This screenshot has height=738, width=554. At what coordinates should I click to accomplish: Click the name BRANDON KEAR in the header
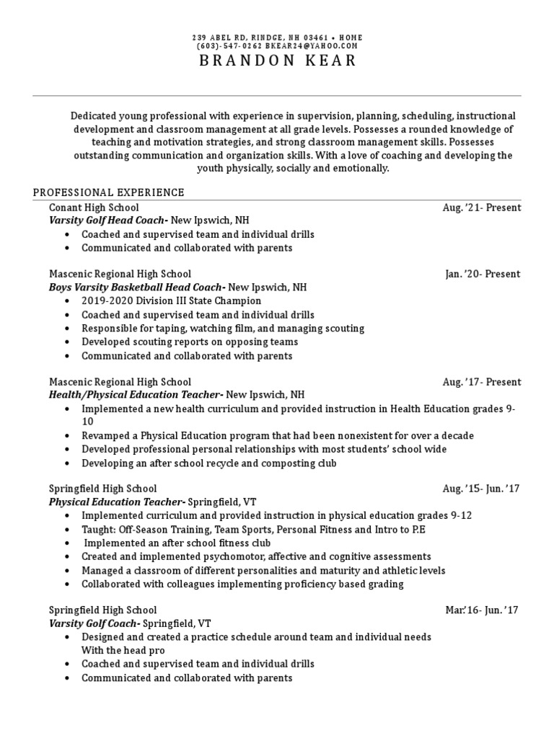(x=277, y=61)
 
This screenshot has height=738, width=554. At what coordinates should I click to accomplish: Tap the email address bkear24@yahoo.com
(x=312, y=46)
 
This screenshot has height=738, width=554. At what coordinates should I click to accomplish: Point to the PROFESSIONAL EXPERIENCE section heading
(x=109, y=192)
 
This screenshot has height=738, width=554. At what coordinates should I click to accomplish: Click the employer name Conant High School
(x=94, y=208)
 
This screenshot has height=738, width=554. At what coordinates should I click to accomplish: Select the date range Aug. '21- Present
(x=481, y=208)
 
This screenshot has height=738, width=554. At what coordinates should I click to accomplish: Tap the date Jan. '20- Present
(x=483, y=274)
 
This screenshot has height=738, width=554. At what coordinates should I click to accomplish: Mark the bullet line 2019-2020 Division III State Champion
(x=171, y=301)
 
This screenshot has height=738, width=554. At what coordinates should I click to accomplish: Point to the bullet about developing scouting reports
(x=190, y=342)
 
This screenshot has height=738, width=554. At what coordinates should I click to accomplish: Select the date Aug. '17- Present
(x=481, y=382)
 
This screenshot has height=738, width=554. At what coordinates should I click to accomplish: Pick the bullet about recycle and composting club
(x=208, y=463)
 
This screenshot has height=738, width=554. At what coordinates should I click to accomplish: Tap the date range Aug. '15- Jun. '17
(x=480, y=489)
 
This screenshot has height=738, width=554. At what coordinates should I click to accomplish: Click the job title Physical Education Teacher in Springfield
(x=117, y=502)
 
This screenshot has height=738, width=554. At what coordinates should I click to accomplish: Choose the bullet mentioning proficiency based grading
(x=242, y=584)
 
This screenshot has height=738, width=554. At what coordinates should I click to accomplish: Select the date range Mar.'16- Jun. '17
(x=482, y=610)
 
